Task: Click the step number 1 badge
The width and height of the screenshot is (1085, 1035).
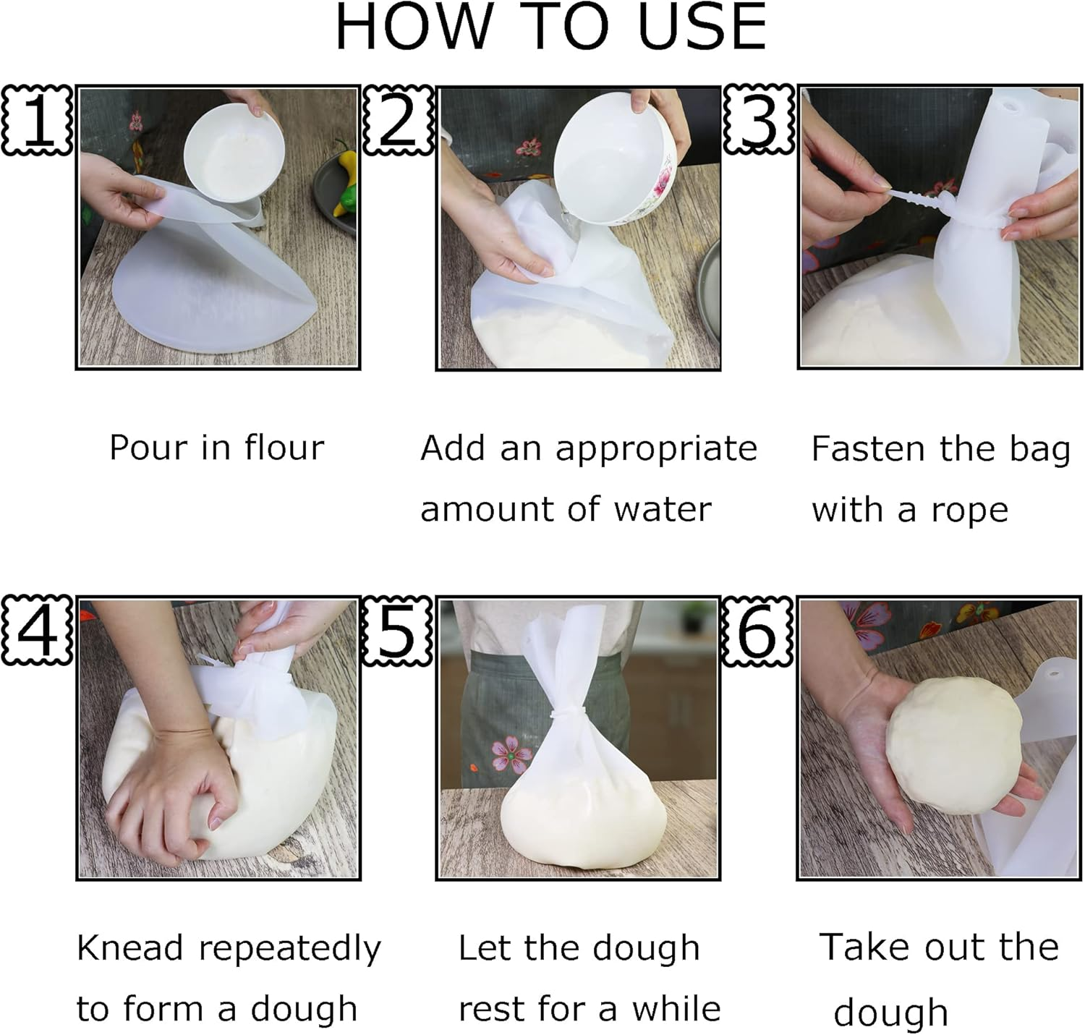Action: click(38, 120)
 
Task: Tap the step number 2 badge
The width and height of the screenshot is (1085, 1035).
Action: click(397, 120)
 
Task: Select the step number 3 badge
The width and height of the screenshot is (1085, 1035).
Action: click(758, 120)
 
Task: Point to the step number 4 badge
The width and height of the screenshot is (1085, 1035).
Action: click(38, 631)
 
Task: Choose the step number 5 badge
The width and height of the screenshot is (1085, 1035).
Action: click(397, 631)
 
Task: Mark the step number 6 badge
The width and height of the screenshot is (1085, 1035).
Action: click(758, 631)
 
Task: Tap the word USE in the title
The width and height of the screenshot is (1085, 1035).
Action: click(702, 27)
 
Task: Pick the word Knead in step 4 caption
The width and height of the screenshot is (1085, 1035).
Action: click(129, 947)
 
